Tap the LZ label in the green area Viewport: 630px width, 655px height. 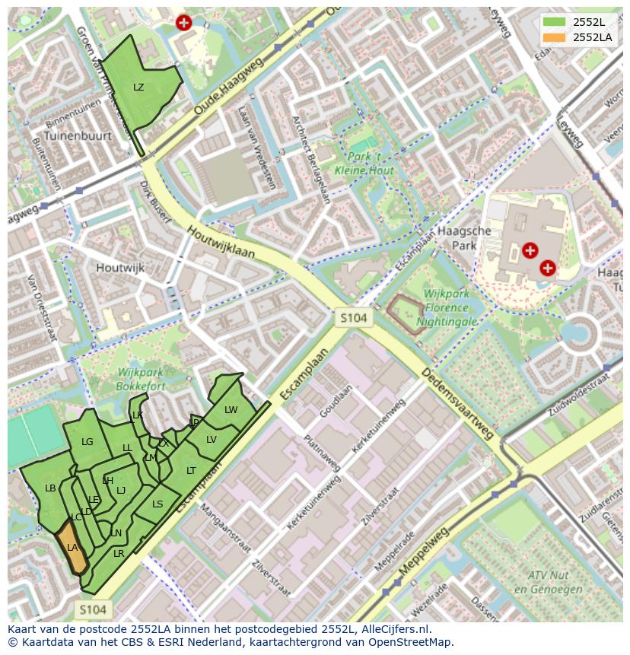[x=138, y=87]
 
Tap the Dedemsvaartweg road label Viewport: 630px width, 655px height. [x=457, y=405]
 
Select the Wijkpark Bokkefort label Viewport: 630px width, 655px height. [x=142, y=379]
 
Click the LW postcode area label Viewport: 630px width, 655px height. [x=231, y=409]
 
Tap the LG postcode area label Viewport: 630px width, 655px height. [x=87, y=442]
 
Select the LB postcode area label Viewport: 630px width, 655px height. [x=50, y=488]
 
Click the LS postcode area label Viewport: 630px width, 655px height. [x=157, y=504]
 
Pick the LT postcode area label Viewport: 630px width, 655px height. [x=191, y=471]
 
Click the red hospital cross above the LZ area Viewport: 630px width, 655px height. [x=183, y=23]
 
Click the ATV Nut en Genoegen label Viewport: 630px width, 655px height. [x=542, y=583]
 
